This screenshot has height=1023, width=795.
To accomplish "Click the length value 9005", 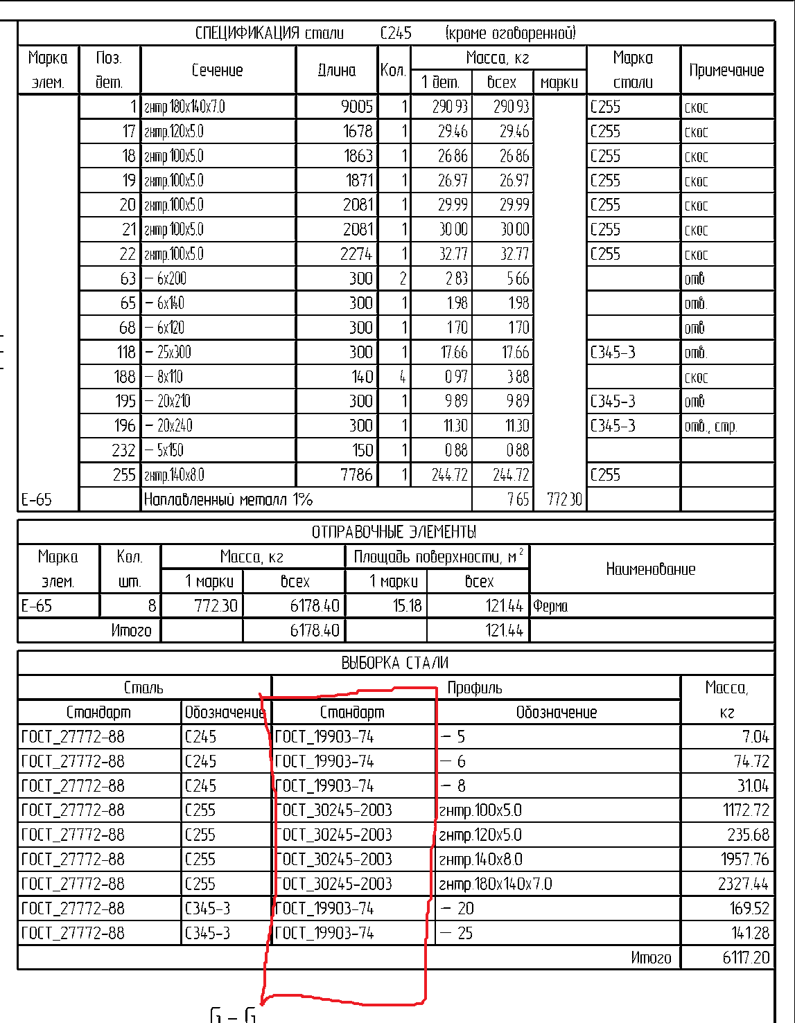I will (x=357, y=107).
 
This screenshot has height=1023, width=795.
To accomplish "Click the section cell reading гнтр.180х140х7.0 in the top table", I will (x=184, y=107).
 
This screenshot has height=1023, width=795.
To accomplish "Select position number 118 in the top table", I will (x=125, y=352).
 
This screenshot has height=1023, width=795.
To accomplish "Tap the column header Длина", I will (x=337, y=70).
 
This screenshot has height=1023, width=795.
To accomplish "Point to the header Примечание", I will (x=726, y=70).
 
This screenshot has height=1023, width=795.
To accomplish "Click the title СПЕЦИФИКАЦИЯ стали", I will (x=269, y=33).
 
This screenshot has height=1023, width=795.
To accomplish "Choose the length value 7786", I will (x=356, y=474).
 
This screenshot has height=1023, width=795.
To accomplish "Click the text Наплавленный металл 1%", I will (x=228, y=499).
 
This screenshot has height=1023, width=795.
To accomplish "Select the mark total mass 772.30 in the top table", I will (x=564, y=499).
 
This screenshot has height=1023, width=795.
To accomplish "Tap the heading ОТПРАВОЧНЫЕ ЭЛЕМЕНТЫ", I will (x=394, y=532).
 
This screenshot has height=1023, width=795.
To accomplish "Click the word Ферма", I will (x=550, y=606).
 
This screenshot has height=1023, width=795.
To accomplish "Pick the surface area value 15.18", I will (x=407, y=606).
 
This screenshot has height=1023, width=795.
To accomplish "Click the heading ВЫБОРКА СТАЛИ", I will (x=394, y=663).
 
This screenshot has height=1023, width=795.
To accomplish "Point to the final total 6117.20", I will (x=746, y=957).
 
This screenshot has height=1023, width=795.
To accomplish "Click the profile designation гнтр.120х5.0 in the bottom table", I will (x=480, y=835).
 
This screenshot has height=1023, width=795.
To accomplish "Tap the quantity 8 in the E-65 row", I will (x=152, y=606).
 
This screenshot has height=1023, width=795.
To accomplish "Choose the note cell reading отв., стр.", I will (x=710, y=426).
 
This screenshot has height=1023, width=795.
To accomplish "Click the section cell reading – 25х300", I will (x=168, y=352).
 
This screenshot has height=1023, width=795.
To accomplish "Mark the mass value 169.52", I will (x=749, y=908).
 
